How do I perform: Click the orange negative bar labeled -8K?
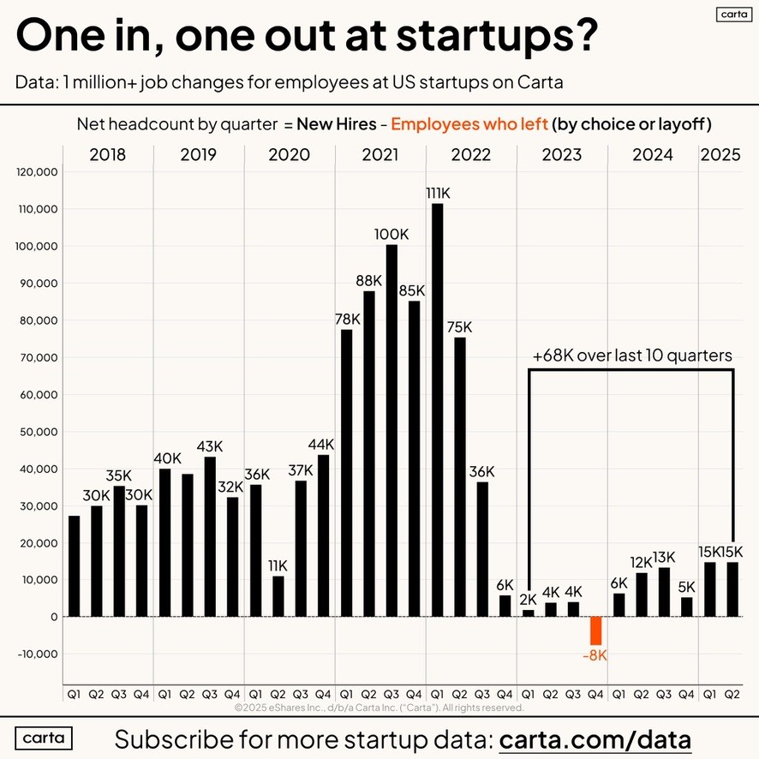click(x=596, y=631)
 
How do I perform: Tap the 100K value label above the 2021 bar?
click(x=391, y=234)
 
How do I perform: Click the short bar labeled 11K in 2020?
click(x=278, y=595)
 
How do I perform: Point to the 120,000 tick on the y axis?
click(x=37, y=172)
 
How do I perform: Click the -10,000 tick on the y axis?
click(x=37, y=654)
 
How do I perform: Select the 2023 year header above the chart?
click(x=562, y=155)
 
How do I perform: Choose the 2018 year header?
click(x=108, y=155)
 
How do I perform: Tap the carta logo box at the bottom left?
click(x=44, y=738)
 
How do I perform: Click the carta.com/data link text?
click(x=595, y=738)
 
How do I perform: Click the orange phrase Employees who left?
click(x=469, y=124)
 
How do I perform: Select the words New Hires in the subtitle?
click(x=336, y=124)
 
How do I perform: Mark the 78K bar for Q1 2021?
click(x=346, y=472)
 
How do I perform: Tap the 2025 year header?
click(x=721, y=155)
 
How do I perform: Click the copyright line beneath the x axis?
click(x=379, y=708)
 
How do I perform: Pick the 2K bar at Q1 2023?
click(x=528, y=613)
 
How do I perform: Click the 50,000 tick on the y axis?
click(x=37, y=432)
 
